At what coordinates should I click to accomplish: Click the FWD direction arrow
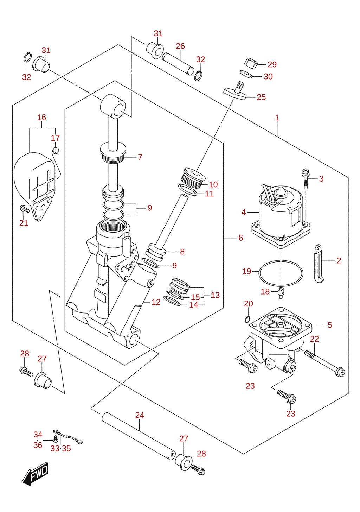[35, 474]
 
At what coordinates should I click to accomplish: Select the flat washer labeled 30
[246, 74]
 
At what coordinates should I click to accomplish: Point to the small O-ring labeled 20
[247, 320]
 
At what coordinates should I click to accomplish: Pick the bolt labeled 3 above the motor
[306, 178]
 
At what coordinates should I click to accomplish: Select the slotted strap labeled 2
[318, 263]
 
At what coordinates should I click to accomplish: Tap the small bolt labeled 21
[25, 208]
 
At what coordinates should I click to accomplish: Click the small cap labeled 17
[56, 151]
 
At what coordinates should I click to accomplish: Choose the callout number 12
[156, 302]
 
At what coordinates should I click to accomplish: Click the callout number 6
[240, 238]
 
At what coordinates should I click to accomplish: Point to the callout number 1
[277, 118]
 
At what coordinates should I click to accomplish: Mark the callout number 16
[41, 117]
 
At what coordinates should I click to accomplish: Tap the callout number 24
[140, 415]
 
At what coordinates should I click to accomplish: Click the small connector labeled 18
[281, 293]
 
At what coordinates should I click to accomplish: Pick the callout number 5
[329, 325]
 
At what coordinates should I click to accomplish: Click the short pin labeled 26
[178, 64]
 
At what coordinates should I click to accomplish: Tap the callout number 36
[38, 445]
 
